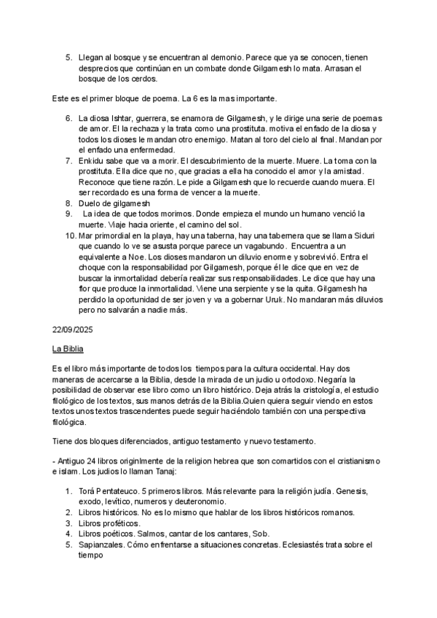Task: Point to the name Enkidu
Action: click(x=92, y=161)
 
